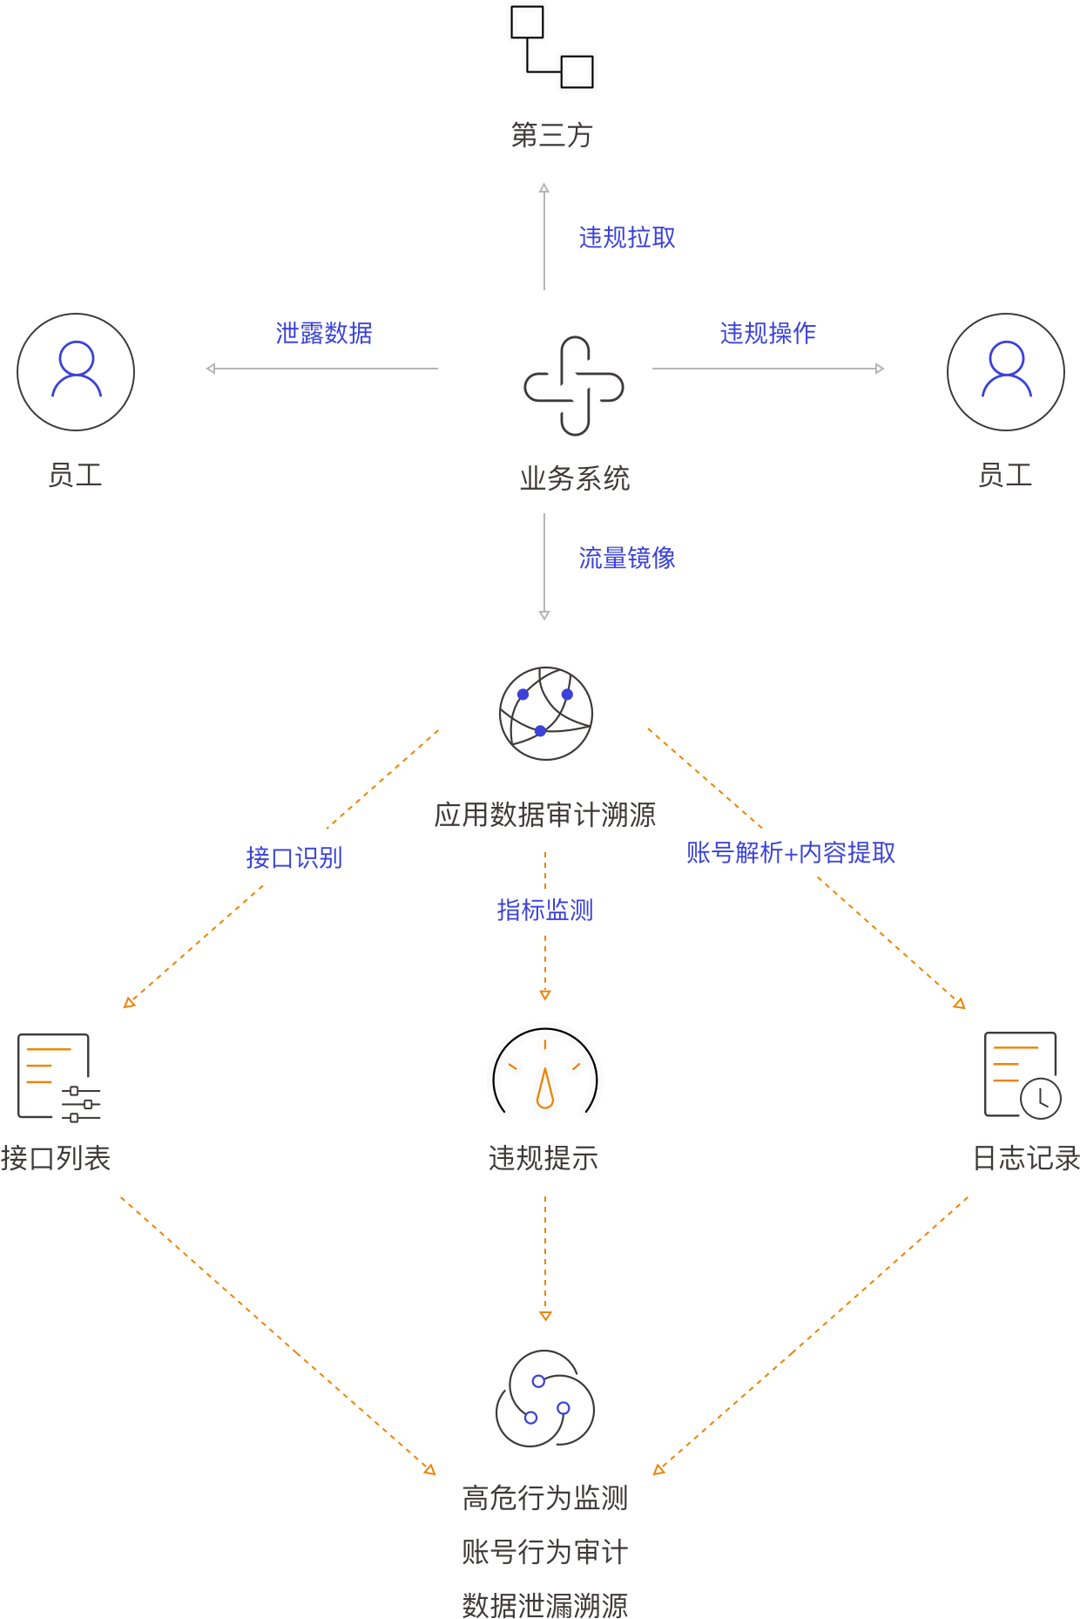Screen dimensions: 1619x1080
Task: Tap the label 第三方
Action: pyautogui.click(x=551, y=135)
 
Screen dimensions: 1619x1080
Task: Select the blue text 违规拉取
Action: pyautogui.click(x=627, y=238)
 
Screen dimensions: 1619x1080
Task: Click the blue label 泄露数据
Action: pyautogui.click(x=324, y=334)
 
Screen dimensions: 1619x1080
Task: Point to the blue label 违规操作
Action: pyautogui.click(x=767, y=334)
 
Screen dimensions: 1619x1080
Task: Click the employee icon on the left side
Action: pyautogui.click(x=76, y=372)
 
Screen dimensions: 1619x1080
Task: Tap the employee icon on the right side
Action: pyautogui.click(x=1006, y=372)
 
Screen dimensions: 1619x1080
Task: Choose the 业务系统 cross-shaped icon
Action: pyautogui.click(x=573, y=386)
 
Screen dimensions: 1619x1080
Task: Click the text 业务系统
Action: pyautogui.click(x=574, y=478)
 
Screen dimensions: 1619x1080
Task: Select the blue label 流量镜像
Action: pyautogui.click(x=627, y=559)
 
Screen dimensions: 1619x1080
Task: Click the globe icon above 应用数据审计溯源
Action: pyautogui.click(x=546, y=714)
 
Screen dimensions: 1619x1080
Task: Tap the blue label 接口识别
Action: pyautogui.click(x=294, y=858)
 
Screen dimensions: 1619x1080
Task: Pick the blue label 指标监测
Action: pyautogui.click(x=544, y=911)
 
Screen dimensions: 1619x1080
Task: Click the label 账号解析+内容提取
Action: pyautogui.click(x=790, y=853)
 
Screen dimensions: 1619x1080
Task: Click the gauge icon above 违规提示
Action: pyautogui.click(x=545, y=1072)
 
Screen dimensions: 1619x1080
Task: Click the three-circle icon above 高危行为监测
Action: pyautogui.click(x=545, y=1399)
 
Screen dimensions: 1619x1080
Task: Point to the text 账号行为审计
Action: pyautogui.click(x=544, y=1552)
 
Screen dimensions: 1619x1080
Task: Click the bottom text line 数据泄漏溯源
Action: pyautogui.click(x=544, y=1604)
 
